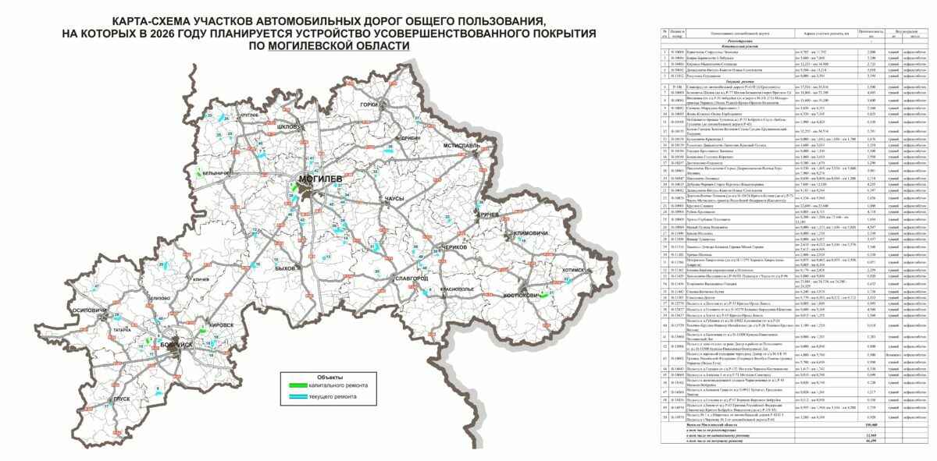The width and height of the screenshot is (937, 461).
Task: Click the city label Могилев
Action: (320, 179)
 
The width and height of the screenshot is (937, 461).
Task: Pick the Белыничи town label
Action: (214, 173)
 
